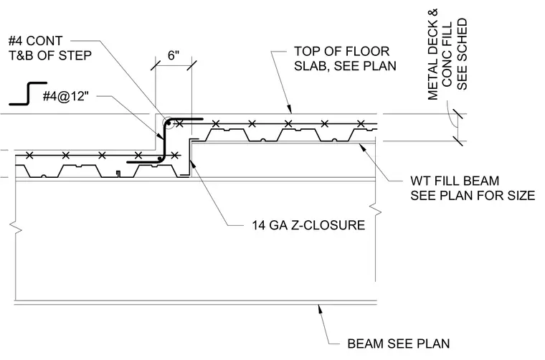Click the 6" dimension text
click(x=173, y=55)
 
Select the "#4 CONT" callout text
click(x=35, y=41)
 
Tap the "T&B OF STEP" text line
click(x=50, y=56)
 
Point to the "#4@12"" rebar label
click(x=66, y=96)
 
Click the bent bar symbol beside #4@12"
click(x=28, y=93)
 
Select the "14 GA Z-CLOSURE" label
click(x=308, y=225)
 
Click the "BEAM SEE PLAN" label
click(x=398, y=344)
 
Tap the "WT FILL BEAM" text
click(x=455, y=181)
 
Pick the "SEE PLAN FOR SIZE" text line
click(x=473, y=196)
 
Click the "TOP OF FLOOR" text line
click(x=341, y=52)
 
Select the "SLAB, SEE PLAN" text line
click(x=345, y=66)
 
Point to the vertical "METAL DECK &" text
click(x=432, y=55)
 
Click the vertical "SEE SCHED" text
click(x=462, y=55)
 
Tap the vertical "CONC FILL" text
click(x=447, y=55)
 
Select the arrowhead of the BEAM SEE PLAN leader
click(x=320, y=310)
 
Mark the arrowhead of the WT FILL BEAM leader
click(x=363, y=148)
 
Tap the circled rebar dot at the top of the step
click(x=168, y=123)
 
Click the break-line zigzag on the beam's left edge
click(x=16, y=227)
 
